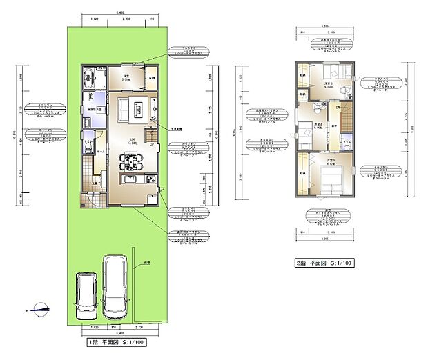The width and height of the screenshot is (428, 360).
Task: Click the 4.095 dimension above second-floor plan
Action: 324,26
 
